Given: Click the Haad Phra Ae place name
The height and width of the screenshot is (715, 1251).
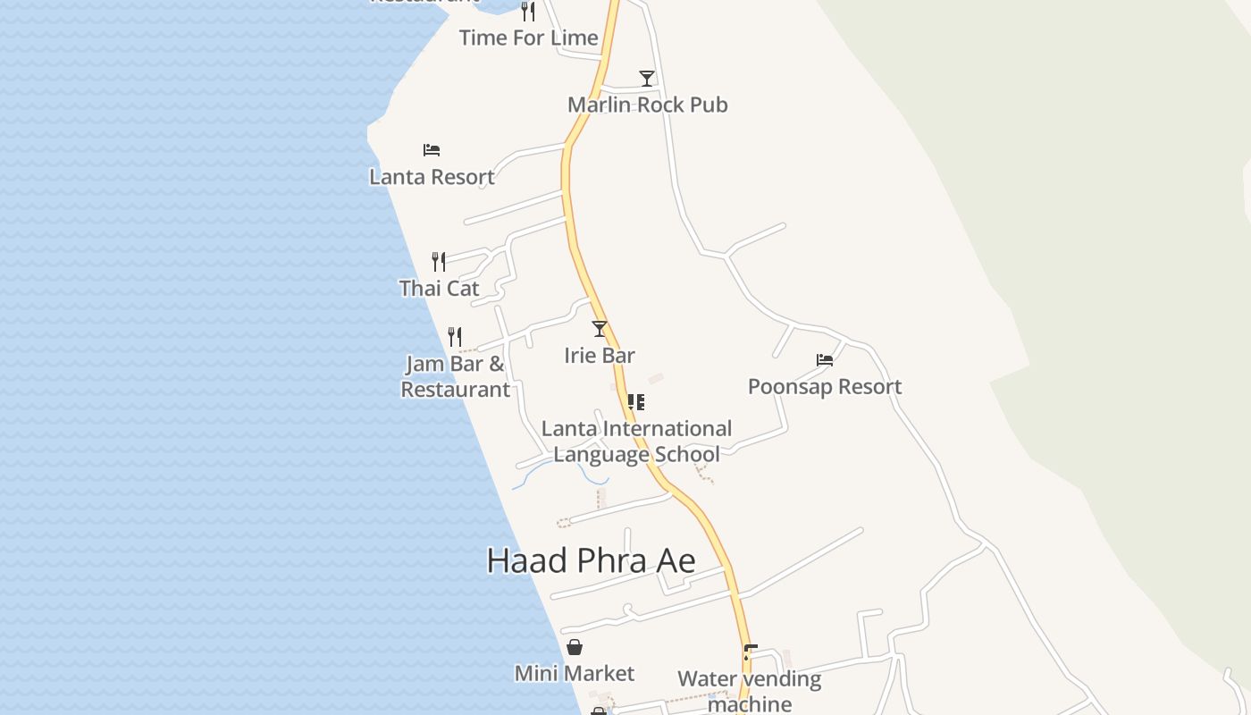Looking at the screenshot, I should click(x=591, y=560).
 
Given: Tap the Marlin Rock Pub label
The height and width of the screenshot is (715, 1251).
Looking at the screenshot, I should click(x=647, y=105).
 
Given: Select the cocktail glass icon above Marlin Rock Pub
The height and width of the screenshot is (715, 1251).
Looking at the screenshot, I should click(x=647, y=79).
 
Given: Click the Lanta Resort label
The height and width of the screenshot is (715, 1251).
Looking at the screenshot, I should click(x=432, y=177).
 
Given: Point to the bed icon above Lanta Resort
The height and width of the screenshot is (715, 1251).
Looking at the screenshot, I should click(x=432, y=150).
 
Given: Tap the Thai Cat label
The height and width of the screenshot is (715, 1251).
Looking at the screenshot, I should click(x=439, y=288).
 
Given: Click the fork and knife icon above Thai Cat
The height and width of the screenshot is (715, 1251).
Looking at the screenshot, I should click(x=439, y=262).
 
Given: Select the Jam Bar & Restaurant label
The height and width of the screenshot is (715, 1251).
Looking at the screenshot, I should click(x=455, y=376).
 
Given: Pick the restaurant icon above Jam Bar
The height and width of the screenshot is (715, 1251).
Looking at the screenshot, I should click(x=455, y=337).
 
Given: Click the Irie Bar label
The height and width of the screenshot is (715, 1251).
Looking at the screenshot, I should click(x=600, y=355).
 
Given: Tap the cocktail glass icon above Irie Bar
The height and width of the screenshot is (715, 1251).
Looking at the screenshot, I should click(x=600, y=329).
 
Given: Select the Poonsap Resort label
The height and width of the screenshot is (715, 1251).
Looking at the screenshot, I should click(x=825, y=386).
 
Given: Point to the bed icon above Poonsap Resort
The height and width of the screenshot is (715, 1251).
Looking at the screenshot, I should click(x=825, y=360).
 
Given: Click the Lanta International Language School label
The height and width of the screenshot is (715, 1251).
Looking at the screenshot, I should click(x=636, y=442).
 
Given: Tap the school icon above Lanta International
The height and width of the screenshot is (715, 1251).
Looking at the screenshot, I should click(x=636, y=402).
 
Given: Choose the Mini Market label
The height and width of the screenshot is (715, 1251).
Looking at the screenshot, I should click(x=575, y=673).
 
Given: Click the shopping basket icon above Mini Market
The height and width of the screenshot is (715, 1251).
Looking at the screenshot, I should click(x=575, y=647).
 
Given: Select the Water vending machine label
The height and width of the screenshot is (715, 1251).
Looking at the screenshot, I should click(x=749, y=691).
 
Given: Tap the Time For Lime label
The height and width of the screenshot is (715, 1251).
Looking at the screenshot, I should click(x=528, y=38).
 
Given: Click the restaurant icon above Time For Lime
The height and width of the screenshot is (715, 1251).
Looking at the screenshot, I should click(x=528, y=12).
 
